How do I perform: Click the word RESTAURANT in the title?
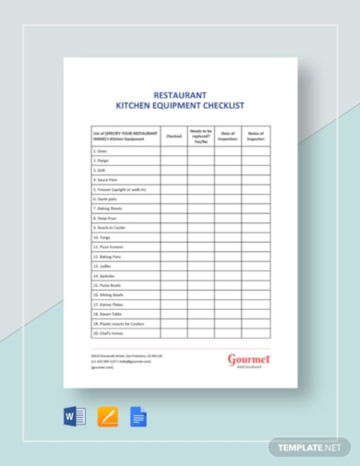point(180,93)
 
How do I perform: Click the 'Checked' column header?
point(174,135)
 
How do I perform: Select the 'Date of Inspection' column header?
point(228,135)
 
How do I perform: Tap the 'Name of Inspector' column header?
point(256,135)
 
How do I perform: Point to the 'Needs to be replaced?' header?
point(201,135)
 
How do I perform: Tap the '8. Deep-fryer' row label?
point(106,219)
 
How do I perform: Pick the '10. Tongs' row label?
point(102,237)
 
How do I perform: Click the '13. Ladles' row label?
point(102,267)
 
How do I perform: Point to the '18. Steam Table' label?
point(108,315)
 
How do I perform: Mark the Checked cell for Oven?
point(174,151)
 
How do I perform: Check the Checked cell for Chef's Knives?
point(174,333)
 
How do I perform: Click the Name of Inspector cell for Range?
point(256,161)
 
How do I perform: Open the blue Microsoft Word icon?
point(75,417)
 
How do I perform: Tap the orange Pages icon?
point(108,417)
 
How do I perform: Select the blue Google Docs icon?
point(138,417)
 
